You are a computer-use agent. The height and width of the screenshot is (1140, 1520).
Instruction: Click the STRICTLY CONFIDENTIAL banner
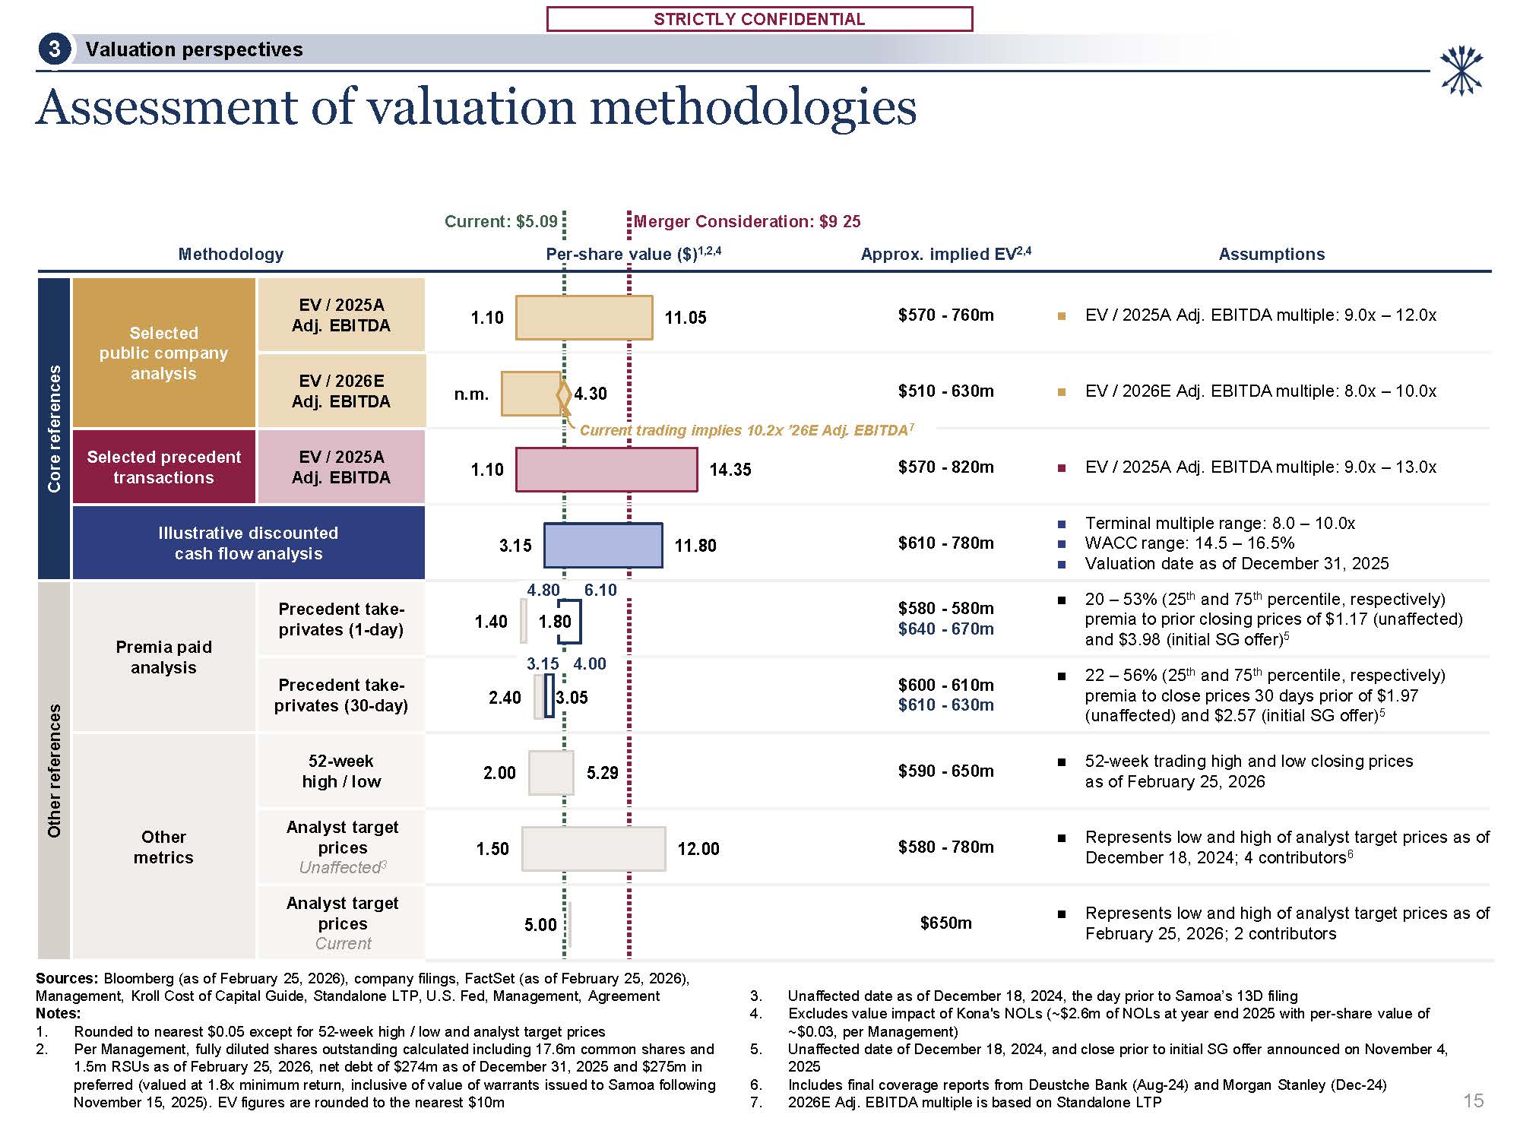[x=759, y=19]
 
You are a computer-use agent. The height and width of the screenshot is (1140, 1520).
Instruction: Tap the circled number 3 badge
[x=54, y=50]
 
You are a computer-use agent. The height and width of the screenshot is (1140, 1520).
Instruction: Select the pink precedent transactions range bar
[x=606, y=470]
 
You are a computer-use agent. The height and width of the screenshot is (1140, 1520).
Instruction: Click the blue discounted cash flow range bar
[x=603, y=545]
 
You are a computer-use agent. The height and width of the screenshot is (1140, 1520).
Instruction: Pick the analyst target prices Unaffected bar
[x=594, y=849]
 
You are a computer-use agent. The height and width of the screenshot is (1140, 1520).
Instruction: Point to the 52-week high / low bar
[x=551, y=773]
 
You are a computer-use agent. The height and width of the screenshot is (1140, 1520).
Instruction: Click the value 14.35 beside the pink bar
[x=730, y=470]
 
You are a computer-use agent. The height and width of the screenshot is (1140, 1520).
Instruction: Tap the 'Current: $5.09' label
[x=501, y=221]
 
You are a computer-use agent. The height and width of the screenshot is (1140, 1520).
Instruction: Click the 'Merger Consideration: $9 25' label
[x=747, y=221]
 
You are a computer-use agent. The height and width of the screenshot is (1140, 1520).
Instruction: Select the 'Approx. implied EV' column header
[x=945, y=254]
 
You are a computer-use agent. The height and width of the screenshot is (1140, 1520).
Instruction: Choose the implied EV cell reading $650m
[x=945, y=923]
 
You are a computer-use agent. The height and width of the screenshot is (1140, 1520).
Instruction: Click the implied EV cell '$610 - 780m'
[x=945, y=543]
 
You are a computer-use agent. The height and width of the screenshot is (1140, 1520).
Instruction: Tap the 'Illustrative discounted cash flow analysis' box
[x=249, y=543]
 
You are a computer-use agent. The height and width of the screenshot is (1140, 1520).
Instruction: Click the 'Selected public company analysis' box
[x=163, y=353]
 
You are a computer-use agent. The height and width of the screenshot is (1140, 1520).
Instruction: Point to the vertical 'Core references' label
[x=54, y=428]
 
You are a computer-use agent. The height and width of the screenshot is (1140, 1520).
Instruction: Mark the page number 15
[x=1473, y=1100]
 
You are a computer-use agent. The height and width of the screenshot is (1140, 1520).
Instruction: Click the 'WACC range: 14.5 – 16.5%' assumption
[x=1189, y=543]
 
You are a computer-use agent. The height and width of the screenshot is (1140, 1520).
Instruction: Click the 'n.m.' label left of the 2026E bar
[x=471, y=394]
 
